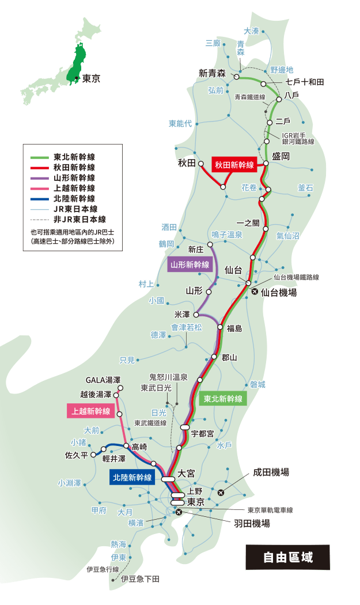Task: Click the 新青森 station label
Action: [211, 73]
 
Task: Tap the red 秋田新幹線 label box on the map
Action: [234, 165]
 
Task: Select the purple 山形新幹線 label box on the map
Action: [190, 265]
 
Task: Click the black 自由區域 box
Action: [288, 557]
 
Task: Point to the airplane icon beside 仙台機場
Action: [255, 292]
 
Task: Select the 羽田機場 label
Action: [252, 524]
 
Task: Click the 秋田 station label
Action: [187, 164]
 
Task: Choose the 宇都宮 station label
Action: [203, 433]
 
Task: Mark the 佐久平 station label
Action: [77, 455]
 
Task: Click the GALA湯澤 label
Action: [103, 380]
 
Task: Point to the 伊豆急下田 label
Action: [140, 578]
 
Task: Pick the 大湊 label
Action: [252, 31]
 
